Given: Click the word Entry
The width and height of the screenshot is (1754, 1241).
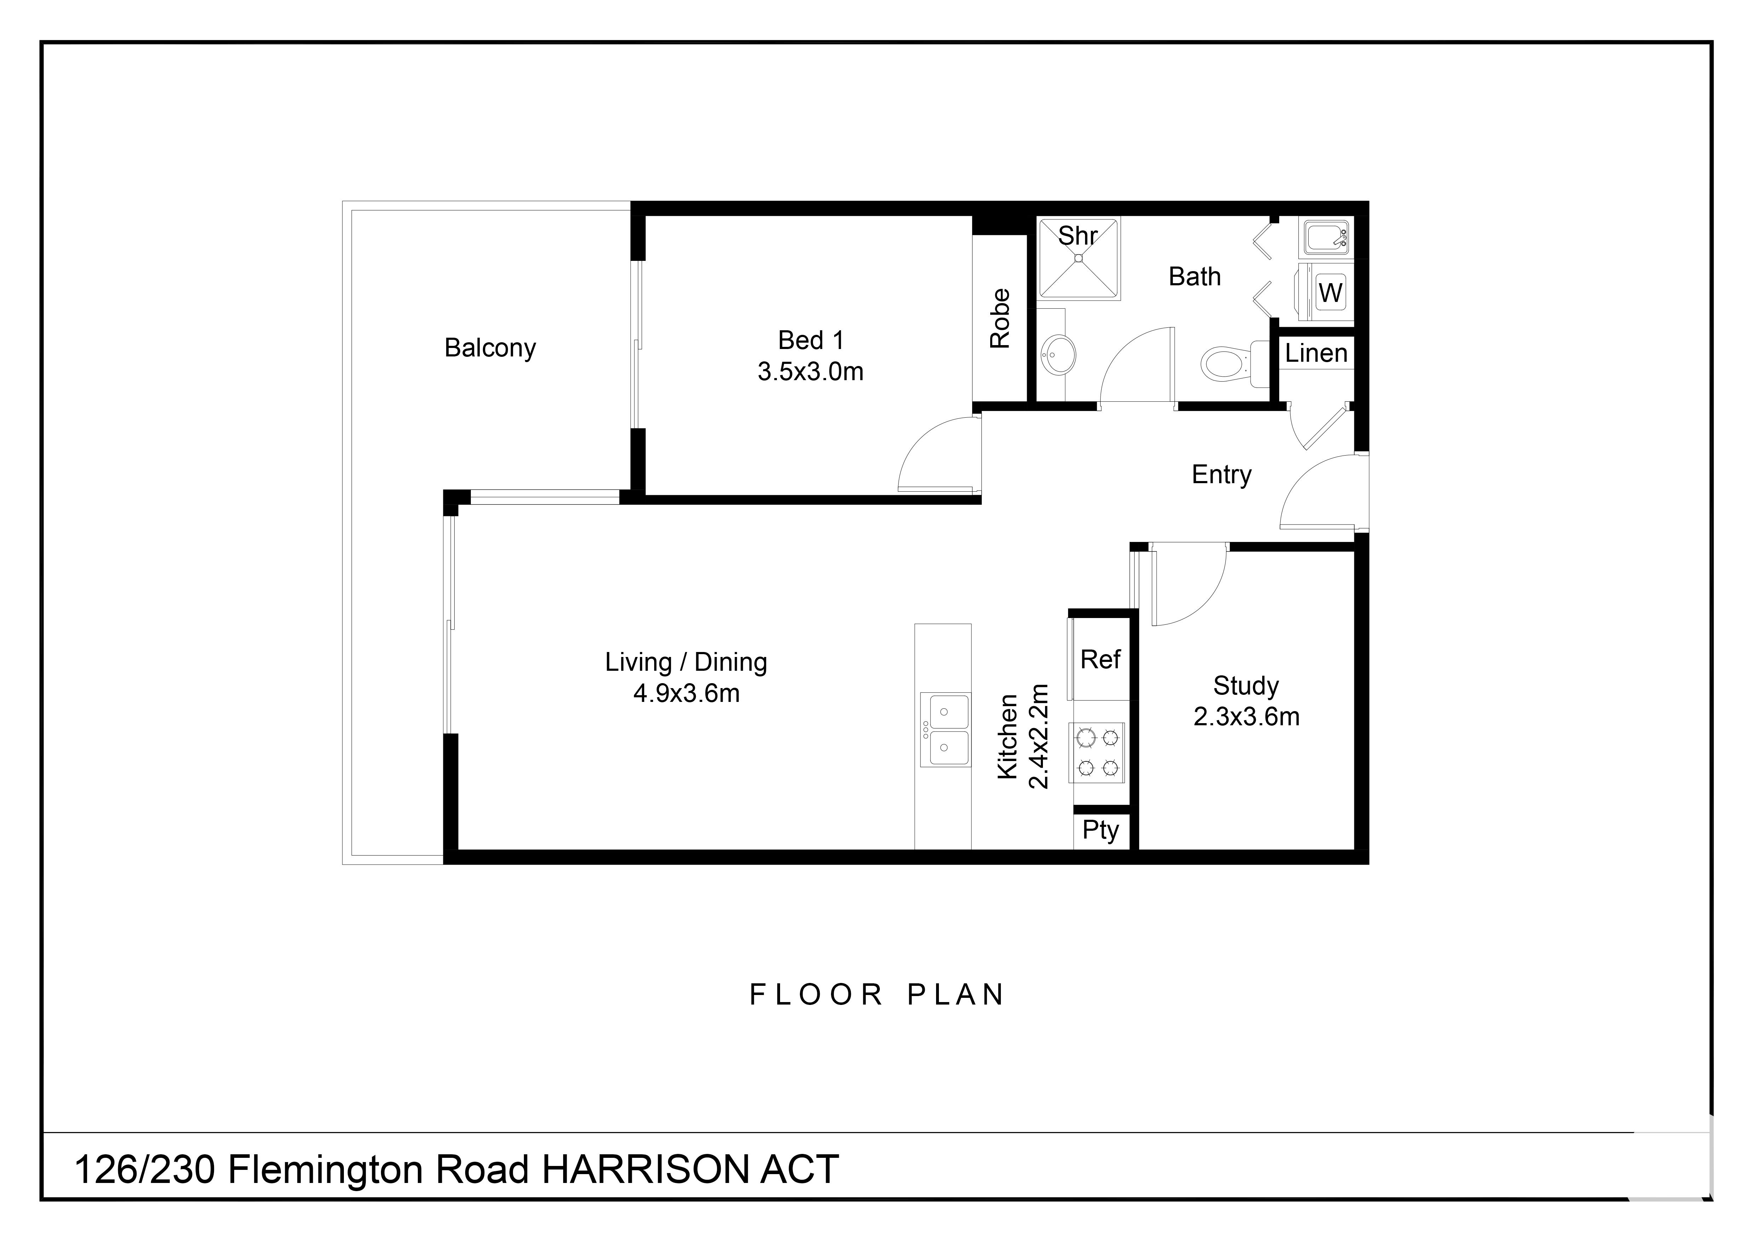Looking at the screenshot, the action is pos(1222,475).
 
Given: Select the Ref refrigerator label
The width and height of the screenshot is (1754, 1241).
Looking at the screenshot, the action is pos(1100,659).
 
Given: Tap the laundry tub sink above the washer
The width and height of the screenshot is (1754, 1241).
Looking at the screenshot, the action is pos(1326,238).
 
